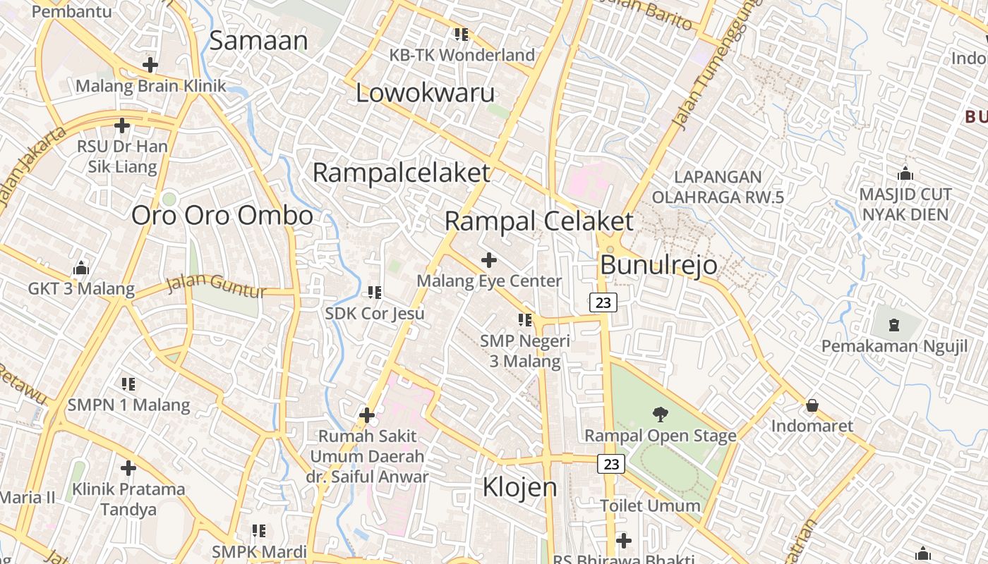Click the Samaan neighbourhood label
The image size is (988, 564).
pyautogui.click(x=258, y=41)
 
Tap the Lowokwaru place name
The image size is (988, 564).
pyautogui.click(x=426, y=93)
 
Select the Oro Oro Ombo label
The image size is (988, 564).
pyautogui.click(x=222, y=215)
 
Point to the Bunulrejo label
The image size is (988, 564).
pyautogui.click(x=658, y=265)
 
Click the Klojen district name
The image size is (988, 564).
pyautogui.click(x=519, y=487)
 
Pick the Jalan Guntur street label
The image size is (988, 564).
pyautogui.click(x=216, y=286)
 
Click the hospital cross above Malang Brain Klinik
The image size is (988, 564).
pyautogui.click(x=150, y=65)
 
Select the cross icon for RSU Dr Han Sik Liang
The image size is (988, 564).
pyautogui.click(x=122, y=126)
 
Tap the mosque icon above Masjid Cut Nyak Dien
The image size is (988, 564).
pyautogui.click(x=905, y=173)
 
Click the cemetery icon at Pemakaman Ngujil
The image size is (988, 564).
pyautogui.click(x=894, y=325)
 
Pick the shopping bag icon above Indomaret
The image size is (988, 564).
pyautogui.click(x=812, y=405)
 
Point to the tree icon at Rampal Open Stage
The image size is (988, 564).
pyautogui.click(x=660, y=414)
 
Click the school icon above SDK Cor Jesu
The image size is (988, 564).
pyautogui.click(x=374, y=292)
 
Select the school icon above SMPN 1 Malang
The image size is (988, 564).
pyautogui.click(x=128, y=384)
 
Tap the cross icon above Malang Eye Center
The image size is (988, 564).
pyautogui.click(x=488, y=260)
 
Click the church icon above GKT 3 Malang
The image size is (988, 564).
pyautogui.click(x=81, y=269)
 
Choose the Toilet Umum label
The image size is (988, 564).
pyautogui.click(x=650, y=505)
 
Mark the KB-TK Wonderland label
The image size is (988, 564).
pyautogui.click(x=462, y=55)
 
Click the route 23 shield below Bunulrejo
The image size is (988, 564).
pyautogui.click(x=603, y=302)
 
